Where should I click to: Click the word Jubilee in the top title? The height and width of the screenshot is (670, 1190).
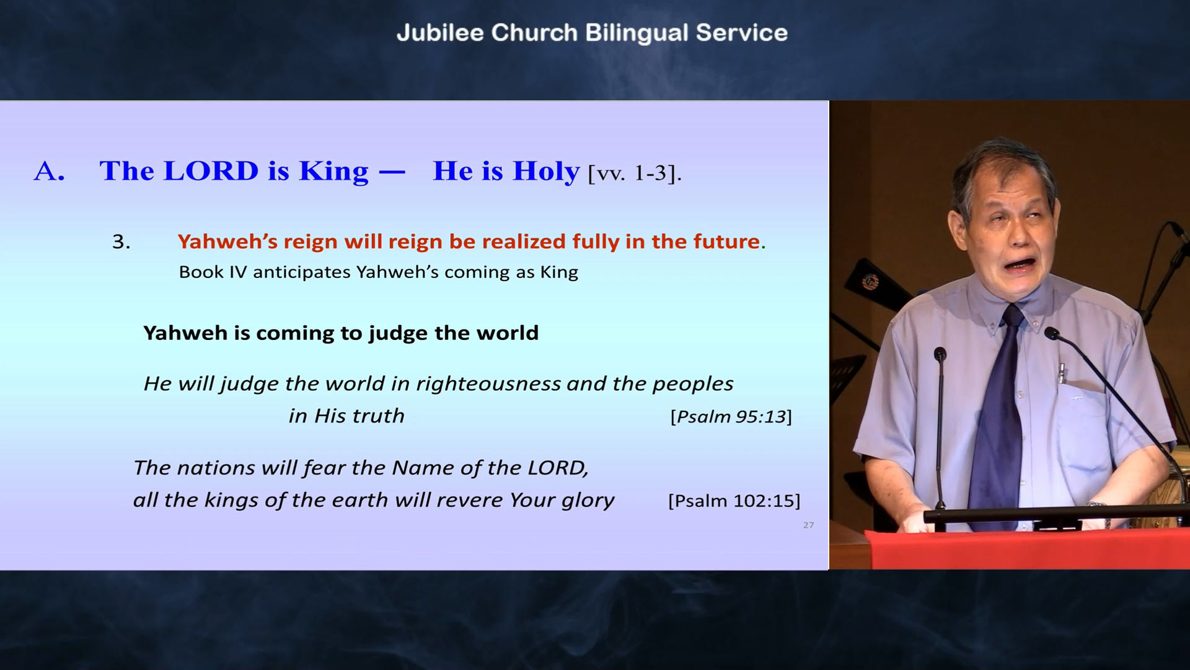coord(440,33)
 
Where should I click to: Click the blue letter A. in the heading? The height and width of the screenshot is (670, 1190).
coord(49,171)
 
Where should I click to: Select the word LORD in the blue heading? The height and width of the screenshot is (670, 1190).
coord(211,171)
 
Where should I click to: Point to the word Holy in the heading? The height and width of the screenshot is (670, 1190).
coord(546,172)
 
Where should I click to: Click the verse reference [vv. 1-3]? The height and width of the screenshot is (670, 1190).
coord(635,173)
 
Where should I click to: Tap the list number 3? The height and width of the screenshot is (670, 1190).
coord(121,241)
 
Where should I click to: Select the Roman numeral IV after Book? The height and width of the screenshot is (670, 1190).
coord(238,272)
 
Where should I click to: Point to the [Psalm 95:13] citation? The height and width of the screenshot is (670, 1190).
coord(731,417)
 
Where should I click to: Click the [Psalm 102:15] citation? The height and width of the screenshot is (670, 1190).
coord(734,501)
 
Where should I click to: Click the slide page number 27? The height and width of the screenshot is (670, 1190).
coord(808,525)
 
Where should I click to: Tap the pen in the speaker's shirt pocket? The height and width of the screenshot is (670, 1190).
coord(1061,373)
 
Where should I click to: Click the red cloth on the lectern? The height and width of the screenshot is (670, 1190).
coord(1029,549)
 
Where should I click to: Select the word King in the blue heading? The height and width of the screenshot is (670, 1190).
coord(333,172)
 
